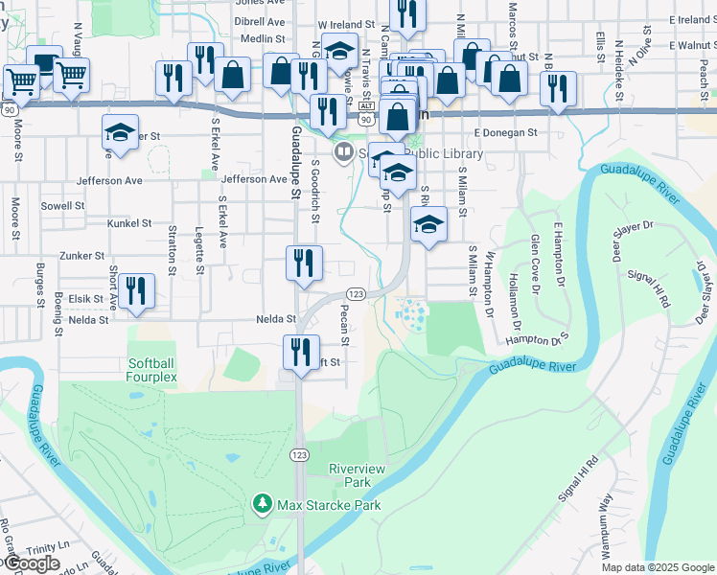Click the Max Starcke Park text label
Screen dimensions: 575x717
(x=329, y=505)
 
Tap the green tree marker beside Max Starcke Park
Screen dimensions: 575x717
(x=262, y=503)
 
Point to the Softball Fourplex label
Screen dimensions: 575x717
(x=152, y=370)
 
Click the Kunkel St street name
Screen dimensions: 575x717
(x=129, y=223)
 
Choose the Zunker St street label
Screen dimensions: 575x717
(x=81, y=256)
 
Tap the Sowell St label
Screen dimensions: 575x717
(x=63, y=205)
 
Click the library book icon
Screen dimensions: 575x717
(x=342, y=152)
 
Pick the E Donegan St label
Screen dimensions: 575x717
(x=505, y=132)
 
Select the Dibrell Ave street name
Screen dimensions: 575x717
(x=260, y=21)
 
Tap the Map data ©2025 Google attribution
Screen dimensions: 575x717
(x=658, y=567)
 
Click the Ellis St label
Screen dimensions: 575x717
(x=600, y=42)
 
